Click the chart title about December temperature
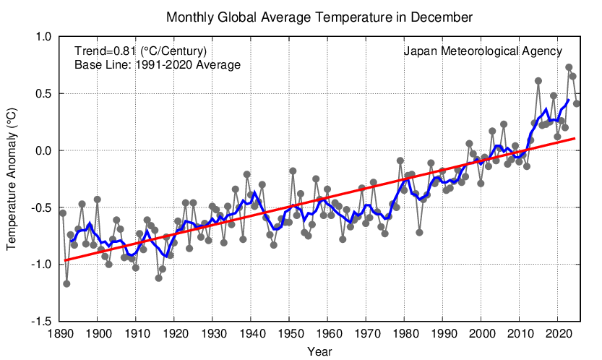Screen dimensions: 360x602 pyautogui.click(x=309, y=16)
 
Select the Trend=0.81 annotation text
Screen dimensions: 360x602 pyautogui.click(x=141, y=51)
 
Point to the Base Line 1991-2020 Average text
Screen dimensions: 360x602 pyautogui.click(x=158, y=65)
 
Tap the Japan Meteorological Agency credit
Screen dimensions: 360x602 pyautogui.click(x=483, y=51)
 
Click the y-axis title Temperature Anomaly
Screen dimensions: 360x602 pyautogui.click(x=12, y=179)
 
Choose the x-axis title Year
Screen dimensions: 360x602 pyautogui.click(x=319, y=351)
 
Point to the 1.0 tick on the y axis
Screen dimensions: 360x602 pyautogui.click(x=43, y=37)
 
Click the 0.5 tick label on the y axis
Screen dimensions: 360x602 pyautogui.click(x=43, y=94)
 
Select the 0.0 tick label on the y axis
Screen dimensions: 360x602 pyautogui.click(x=43, y=150)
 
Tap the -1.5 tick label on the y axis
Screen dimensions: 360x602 pyautogui.click(x=41, y=321)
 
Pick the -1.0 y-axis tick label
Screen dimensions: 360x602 pyautogui.click(x=41, y=265)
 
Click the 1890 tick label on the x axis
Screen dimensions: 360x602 pyautogui.click(x=59, y=334)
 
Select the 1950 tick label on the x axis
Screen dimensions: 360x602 pyautogui.click(x=289, y=334)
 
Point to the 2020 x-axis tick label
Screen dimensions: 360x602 pyautogui.click(x=557, y=334)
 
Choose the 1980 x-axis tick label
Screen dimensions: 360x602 pyautogui.click(x=404, y=334)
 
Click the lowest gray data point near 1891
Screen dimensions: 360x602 pyautogui.click(x=66, y=283)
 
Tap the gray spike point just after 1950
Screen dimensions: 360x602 pyautogui.click(x=293, y=171)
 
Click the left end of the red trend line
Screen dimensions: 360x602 pyautogui.click(x=65, y=260)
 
